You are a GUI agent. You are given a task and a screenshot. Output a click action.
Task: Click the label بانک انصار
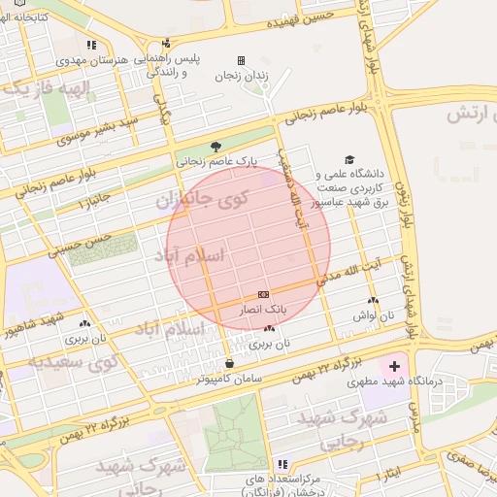click(x=264, y=308)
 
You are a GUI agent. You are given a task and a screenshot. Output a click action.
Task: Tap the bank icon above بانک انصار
click(x=263, y=294)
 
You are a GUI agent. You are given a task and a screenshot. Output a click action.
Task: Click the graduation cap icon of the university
click(x=348, y=160)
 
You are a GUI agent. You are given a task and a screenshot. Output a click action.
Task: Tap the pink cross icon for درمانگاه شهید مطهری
click(x=394, y=367)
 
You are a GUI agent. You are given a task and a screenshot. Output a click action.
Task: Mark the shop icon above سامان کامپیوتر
click(x=229, y=364)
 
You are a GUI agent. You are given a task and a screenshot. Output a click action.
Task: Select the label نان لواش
click(x=373, y=315)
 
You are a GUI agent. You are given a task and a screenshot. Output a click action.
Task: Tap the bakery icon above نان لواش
click(x=373, y=301)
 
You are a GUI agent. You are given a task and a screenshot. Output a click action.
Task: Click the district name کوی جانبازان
click(x=201, y=201)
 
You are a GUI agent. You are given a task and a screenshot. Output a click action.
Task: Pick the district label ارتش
click(x=463, y=114)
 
